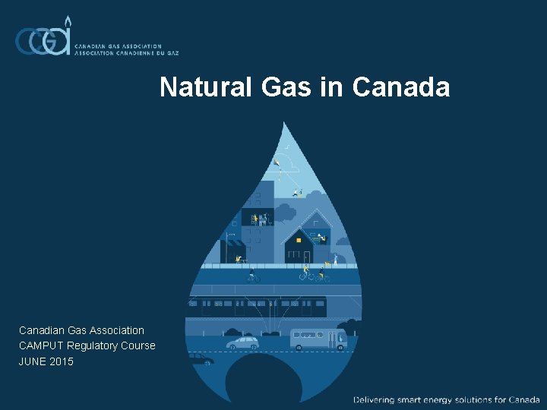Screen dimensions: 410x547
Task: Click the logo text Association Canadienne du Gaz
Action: [126, 54]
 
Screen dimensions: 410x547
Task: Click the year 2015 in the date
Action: [62, 361]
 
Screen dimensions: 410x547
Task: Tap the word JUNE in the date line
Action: [33, 361]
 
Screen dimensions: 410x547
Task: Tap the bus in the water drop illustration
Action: [318, 339]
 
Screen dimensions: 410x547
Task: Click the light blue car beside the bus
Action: [242, 342]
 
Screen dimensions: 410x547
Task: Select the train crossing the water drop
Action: [258, 307]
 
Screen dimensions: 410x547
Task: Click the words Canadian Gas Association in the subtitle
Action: [81, 330]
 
